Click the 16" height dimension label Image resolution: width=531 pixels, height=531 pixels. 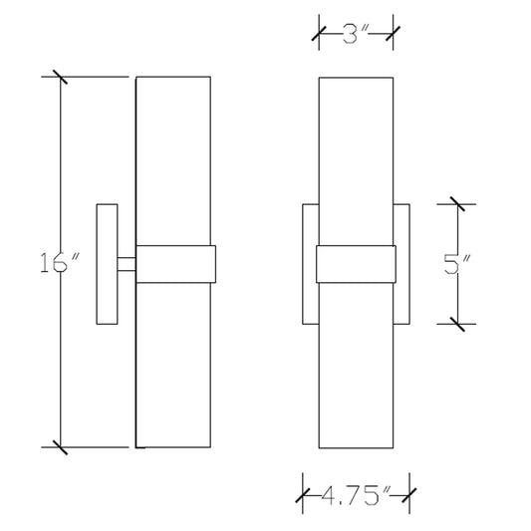(60, 262)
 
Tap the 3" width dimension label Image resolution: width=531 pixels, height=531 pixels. (356, 34)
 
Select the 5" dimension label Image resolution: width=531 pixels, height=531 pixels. (457, 263)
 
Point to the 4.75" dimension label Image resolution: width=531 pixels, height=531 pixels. (356, 495)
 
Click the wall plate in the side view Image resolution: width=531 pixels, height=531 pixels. (107, 264)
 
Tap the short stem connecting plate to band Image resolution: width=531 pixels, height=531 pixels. (127, 264)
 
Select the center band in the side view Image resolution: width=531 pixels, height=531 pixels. (175, 264)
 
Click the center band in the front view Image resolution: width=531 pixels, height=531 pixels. (356, 264)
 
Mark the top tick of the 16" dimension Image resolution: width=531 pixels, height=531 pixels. (61, 77)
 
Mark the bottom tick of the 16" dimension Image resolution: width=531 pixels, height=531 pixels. (61, 447)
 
